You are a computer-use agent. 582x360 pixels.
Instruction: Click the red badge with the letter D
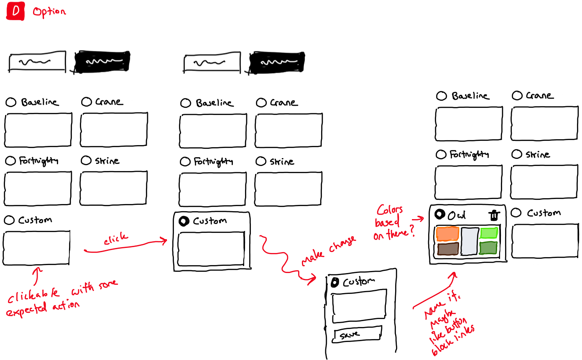click(x=16, y=11)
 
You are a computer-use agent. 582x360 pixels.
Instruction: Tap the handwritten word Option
click(x=49, y=12)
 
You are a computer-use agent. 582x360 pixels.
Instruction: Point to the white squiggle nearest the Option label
click(x=104, y=61)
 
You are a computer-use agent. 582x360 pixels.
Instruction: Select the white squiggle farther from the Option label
click(x=279, y=62)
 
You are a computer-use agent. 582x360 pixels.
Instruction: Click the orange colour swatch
click(x=447, y=234)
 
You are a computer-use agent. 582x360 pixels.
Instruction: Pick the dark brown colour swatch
click(x=448, y=249)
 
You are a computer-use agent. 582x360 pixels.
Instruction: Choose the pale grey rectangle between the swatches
click(x=469, y=241)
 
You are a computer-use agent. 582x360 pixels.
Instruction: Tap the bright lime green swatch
click(x=488, y=233)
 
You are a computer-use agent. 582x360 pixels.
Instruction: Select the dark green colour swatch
click(x=488, y=248)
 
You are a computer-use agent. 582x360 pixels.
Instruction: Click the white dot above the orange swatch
click(x=439, y=214)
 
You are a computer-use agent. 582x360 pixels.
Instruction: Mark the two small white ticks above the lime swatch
click(x=494, y=216)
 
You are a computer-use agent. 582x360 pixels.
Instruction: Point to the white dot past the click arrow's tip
click(x=183, y=221)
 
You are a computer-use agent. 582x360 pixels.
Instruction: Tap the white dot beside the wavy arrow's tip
click(x=334, y=283)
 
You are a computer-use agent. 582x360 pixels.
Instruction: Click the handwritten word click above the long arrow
click(x=116, y=240)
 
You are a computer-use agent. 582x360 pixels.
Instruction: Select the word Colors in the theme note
click(x=390, y=209)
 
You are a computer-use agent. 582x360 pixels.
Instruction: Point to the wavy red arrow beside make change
click(x=284, y=259)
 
